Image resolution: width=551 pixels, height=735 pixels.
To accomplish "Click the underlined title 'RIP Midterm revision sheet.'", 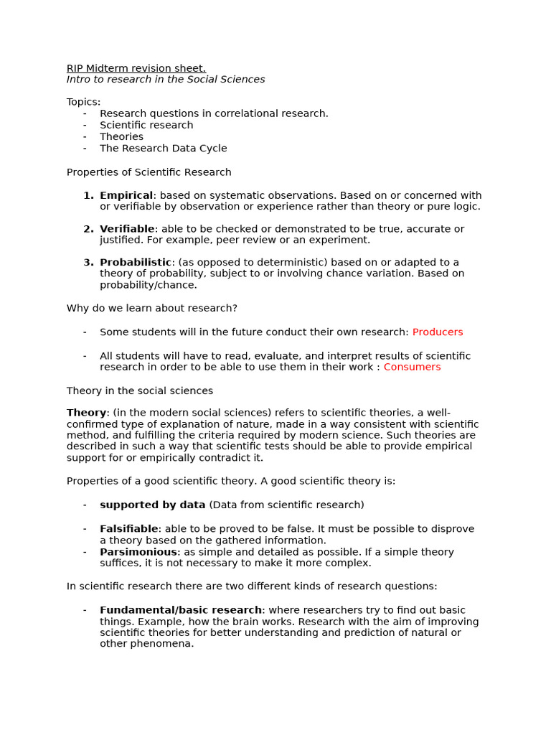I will pos(136,68).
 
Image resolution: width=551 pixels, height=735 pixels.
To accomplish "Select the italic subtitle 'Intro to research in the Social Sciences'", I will pos(166,80).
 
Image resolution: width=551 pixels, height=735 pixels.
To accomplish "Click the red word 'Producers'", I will pos(438,332).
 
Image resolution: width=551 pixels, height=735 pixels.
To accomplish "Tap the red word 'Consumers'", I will pos(412,367).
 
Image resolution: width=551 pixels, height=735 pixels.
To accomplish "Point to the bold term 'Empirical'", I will pos(126,195).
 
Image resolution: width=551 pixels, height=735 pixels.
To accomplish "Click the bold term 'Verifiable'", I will pos(127,229).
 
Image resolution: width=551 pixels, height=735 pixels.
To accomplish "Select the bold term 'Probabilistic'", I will pos(136,263).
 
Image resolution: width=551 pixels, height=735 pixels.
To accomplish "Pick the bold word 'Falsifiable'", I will pos(129,529).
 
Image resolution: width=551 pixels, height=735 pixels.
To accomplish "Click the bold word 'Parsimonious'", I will pos(138,552).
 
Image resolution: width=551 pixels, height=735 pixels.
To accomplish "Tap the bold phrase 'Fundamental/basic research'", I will pos(182,610).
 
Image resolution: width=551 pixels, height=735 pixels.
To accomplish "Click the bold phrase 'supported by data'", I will pos(153,505).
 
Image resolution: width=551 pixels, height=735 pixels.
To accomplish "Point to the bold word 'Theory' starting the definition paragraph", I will pos(86,413).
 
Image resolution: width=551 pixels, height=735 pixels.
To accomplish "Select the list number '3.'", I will pos(88,263).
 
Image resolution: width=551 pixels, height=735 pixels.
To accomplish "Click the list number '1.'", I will pos(88,195).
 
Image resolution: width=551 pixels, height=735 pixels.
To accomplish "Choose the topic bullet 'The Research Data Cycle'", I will pos(163,149).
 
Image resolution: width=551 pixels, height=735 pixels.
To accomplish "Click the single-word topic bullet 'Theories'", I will pos(121,137).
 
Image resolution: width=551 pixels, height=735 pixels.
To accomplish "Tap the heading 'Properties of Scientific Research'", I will pos(149,172).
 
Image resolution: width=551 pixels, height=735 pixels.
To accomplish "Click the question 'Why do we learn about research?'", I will pos(152,309).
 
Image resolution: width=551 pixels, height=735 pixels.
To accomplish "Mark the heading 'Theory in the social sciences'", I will pos(140,391).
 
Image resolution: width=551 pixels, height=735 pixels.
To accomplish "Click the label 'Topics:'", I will pos(84,102).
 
